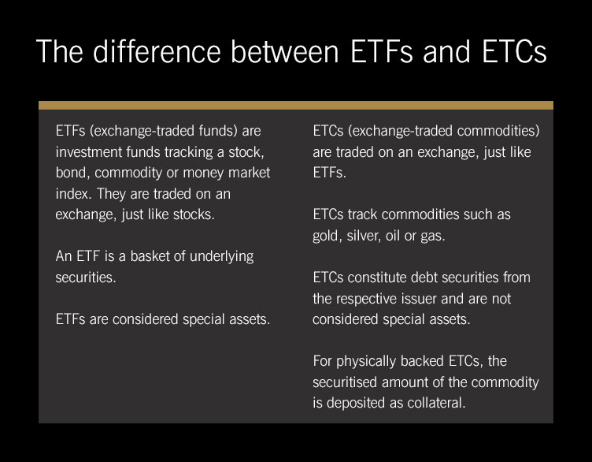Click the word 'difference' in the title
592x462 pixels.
(x=157, y=51)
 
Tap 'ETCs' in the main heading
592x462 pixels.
(x=514, y=51)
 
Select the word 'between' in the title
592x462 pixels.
(x=285, y=51)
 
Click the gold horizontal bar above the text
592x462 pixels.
(x=296, y=105)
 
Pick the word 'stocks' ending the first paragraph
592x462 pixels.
(x=193, y=214)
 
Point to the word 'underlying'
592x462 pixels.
(x=222, y=257)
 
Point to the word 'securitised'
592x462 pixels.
(x=344, y=382)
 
